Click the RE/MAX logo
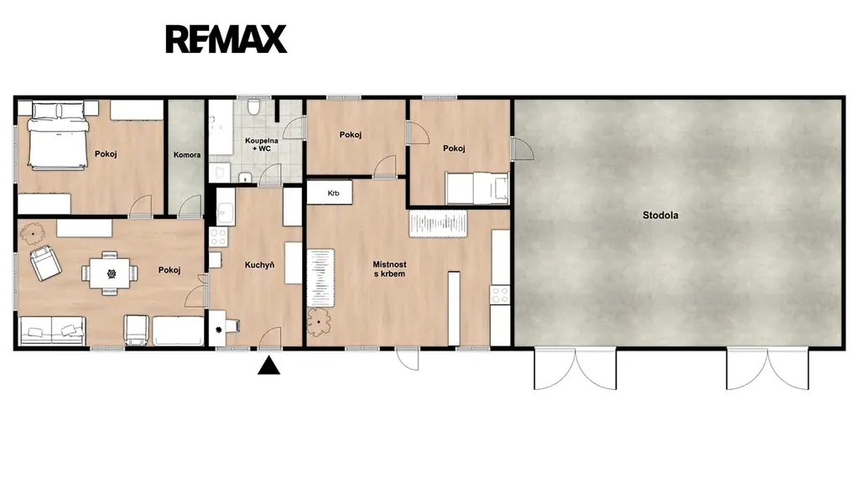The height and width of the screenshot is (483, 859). tap(226, 39)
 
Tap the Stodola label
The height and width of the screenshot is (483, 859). tap(660, 216)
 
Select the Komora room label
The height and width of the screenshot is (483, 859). tap(187, 155)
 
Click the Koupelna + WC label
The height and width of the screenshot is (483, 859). tap(262, 144)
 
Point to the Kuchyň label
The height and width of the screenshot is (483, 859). tap(260, 265)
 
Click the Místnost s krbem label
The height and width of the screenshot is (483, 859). tap(389, 269)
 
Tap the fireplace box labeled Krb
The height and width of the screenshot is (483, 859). tap(329, 193)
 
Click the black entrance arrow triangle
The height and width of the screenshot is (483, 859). tap(269, 366)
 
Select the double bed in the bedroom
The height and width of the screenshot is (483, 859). tap(58, 135)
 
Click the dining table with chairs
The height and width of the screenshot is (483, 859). tap(110, 273)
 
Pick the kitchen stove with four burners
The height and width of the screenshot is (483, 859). tap(219, 236)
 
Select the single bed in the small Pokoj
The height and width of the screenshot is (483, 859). tap(477, 188)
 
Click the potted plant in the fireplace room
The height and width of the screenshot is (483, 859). tap(319, 321)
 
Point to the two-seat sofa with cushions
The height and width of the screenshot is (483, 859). tap(52, 330)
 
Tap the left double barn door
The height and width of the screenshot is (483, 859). tap(575, 369)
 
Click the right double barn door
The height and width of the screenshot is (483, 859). tap(768, 369)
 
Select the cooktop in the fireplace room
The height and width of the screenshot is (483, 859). tap(500, 295)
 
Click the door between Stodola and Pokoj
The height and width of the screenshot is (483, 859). tap(521, 148)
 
